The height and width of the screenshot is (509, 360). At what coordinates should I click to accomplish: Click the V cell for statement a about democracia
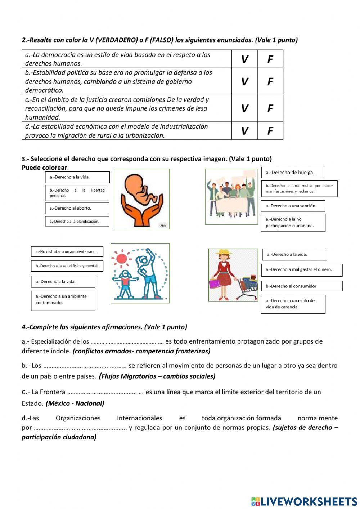(x=244, y=59)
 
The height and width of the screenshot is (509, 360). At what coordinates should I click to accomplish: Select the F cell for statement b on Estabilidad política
(x=270, y=82)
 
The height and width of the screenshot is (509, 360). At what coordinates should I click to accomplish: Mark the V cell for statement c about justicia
(x=244, y=108)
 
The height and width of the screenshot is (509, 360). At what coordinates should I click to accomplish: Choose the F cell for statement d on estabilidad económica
(x=270, y=131)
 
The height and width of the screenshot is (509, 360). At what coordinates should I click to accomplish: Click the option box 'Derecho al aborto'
(x=77, y=208)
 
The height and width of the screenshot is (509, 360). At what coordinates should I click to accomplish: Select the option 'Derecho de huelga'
(x=292, y=173)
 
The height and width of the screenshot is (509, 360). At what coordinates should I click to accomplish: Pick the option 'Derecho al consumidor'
(x=301, y=286)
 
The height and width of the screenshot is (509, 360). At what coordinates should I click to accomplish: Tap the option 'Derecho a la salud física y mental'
(x=67, y=266)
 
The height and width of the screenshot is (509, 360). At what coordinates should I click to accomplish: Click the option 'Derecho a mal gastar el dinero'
(x=301, y=269)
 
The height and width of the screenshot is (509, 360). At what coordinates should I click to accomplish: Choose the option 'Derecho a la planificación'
(x=77, y=222)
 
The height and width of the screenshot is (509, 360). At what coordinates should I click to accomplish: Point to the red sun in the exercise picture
(x=122, y=258)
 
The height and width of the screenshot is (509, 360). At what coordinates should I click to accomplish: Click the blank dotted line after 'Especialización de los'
(x=127, y=342)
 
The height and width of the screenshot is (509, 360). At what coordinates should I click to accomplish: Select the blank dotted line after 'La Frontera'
(x=105, y=392)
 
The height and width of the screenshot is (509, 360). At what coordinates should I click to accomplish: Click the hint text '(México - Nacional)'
(x=75, y=403)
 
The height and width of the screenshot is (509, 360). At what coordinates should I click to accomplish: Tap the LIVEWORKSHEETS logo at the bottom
(x=304, y=501)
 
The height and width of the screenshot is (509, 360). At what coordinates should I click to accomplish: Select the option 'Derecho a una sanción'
(x=293, y=206)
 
